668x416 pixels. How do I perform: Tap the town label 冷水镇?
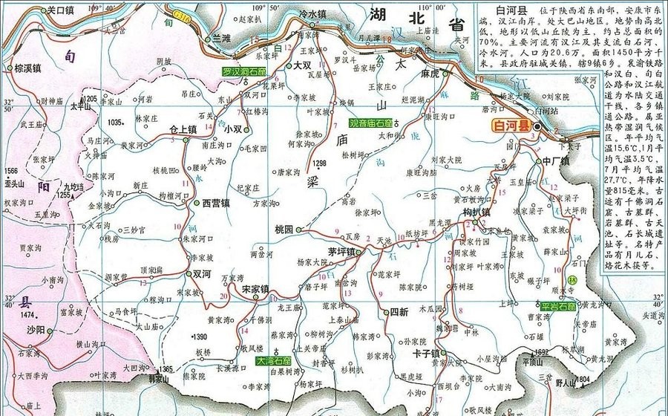[x=312, y=13]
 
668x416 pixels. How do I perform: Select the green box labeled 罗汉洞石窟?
[x=244, y=71]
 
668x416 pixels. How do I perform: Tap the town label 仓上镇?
[x=183, y=129]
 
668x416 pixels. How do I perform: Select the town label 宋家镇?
[x=255, y=288]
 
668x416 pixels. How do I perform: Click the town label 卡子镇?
[x=426, y=354]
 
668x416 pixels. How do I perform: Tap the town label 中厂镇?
[x=554, y=160]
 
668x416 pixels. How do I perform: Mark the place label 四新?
[x=399, y=312]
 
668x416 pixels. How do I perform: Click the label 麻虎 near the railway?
[x=430, y=74]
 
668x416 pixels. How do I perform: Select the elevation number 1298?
[x=320, y=163]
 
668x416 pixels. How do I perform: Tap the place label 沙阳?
[x=36, y=328]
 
